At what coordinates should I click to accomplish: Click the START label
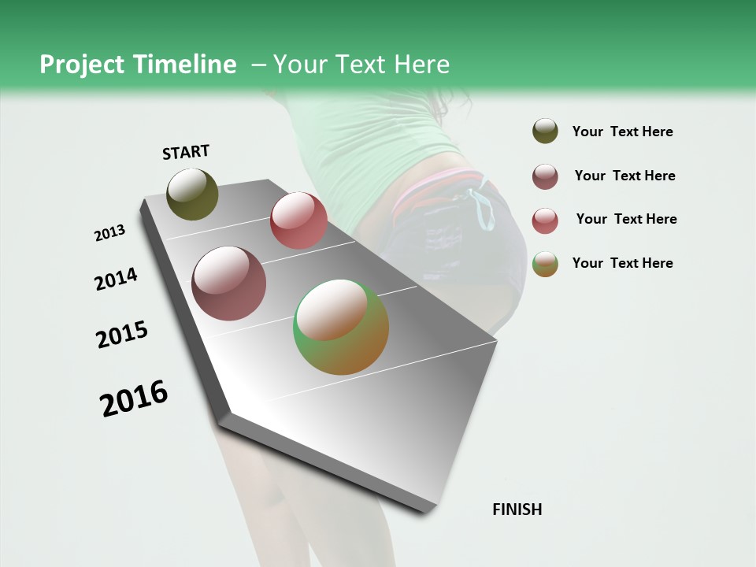click(186, 152)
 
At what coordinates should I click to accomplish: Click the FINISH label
click(517, 510)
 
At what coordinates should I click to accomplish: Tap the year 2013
click(109, 233)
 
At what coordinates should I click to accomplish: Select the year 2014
click(116, 280)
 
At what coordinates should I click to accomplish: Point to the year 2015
click(122, 335)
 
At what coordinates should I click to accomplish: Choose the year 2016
click(134, 398)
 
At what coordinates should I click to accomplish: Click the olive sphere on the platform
click(192, 194)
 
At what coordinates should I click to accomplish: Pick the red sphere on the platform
click(298, 220)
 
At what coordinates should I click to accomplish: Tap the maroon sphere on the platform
click(228, 283)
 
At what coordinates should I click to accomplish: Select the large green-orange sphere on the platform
click(341, 327)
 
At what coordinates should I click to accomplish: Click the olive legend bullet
click(545, 131)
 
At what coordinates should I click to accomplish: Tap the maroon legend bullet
click(545, 176)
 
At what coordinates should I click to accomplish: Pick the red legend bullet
click(545, 220)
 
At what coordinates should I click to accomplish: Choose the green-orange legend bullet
click(545, 264)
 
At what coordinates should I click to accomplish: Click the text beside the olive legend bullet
click(622, 132)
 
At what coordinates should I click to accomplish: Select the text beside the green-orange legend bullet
click(622, 263)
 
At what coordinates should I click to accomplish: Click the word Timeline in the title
click(184, 65)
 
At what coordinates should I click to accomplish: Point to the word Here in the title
click(422, 65)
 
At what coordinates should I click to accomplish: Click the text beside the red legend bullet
click(626, 219)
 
